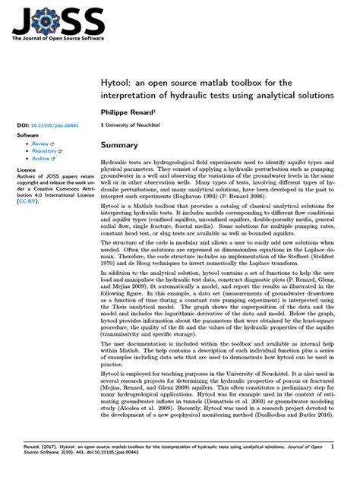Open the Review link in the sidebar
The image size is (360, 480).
click(40, 144)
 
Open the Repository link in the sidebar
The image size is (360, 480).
click(45, 151)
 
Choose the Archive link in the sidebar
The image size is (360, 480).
click(42, 159)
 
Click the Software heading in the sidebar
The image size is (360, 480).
click(28, 134)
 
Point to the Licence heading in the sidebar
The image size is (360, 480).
click(27, 170)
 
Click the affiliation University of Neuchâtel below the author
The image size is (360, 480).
click(134, 123)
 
